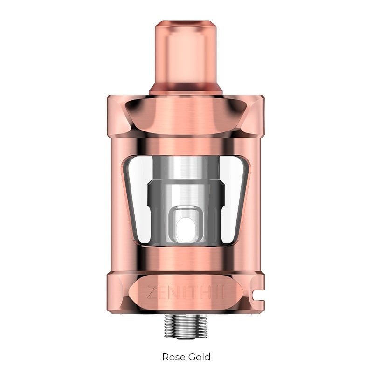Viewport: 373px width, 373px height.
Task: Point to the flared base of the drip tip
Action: pos(187,88)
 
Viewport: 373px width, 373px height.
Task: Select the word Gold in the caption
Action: pos(199,357)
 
